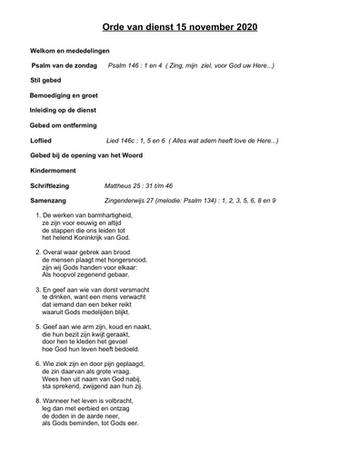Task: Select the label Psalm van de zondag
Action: (x=65, y=67)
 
